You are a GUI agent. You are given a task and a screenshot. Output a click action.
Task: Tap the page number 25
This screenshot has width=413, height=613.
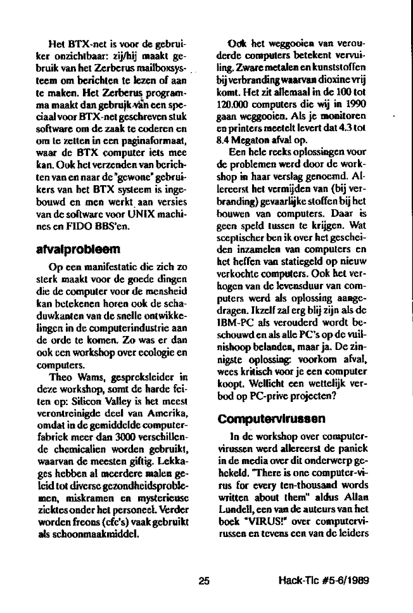point(203,579)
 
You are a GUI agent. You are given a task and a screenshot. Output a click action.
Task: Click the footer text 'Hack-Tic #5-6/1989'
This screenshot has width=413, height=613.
point(324,579)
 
